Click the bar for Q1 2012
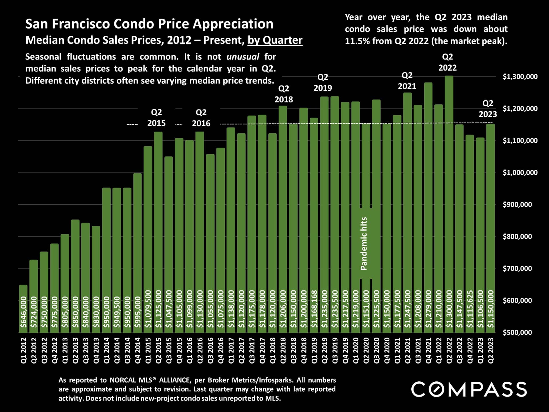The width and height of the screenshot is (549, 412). pos(23,309)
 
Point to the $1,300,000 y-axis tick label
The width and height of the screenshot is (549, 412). pos(520,77)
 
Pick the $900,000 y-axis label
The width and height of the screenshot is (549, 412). pos(517,205)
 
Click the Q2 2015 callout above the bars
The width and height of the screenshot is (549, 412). pos(156,118)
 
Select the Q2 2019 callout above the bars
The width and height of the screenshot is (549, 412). pos(323,82)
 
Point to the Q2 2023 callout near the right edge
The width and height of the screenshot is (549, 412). pos(488,109)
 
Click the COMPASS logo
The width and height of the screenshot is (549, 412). pos(469,389)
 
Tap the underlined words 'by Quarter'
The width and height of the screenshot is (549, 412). pos(275,40)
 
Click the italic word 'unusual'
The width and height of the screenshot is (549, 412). pos(243,57)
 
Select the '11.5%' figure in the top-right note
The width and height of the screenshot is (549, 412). pos(356,41)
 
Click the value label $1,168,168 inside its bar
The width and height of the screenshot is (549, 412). pos(314,309)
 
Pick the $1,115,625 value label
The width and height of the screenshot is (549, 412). pos(470,309)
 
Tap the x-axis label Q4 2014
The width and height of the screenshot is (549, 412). pos(138,350)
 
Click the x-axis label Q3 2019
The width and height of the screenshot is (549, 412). pos(335,350)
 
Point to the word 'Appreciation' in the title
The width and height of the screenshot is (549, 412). pos(233,24)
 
